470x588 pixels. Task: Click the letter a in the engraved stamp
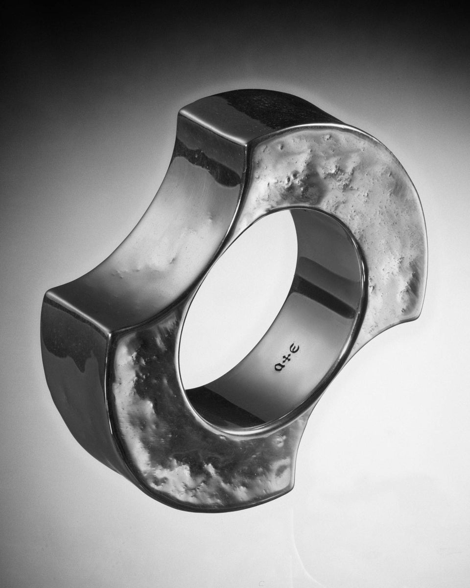(x=280, y=366)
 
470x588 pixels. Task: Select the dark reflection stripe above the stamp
(x=323, y=299)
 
